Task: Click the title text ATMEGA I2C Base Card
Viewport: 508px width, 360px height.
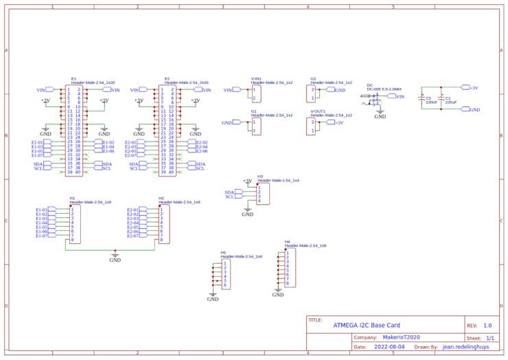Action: (366, 325)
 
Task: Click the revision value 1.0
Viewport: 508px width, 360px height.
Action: (487, 325)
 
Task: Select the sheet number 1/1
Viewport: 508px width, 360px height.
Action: (489, 337)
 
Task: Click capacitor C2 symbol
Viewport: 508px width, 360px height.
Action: (422, 99)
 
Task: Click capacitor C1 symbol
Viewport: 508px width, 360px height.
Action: (441, 99)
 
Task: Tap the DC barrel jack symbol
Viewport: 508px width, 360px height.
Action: (375, 100)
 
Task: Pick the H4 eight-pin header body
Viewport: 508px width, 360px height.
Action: (290, 268)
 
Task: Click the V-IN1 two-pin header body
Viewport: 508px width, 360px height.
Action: (257, 93)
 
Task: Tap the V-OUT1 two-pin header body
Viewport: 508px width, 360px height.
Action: (312, 126)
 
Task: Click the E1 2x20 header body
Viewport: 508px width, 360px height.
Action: (74, 131)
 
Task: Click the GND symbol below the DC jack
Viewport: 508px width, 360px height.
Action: (380, 115)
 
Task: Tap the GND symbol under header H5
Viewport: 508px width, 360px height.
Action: (213, 297)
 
